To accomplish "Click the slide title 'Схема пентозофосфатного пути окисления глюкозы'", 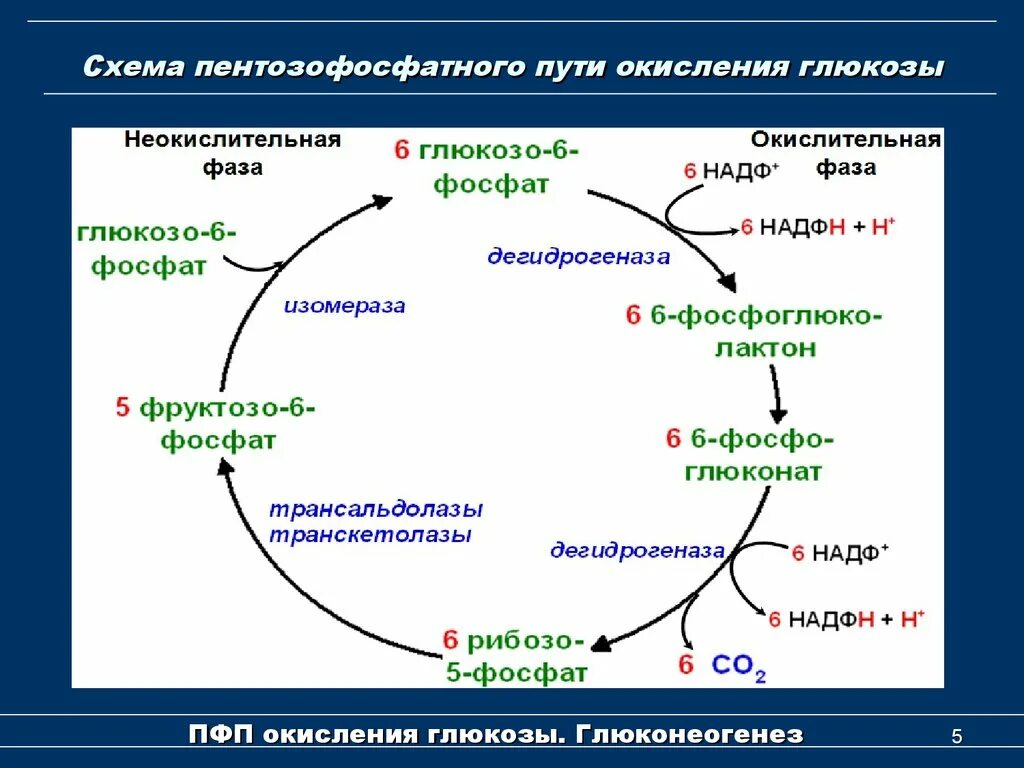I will pyautogui.click(x=513, y=69).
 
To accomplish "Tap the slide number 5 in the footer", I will pyautogui.click(x=956, y=738).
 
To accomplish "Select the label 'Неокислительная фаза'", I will pyautogui.click(x=233, y=153).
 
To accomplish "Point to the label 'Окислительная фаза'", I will pyautogui.click(x=845, y=153).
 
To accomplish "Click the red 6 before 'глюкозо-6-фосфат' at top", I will pyautogui.click(x=402, y=151).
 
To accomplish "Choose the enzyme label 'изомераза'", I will pyautogui.click(x=344, y=306).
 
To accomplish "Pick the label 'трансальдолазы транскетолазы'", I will pyautogui.click(x=375, y=521).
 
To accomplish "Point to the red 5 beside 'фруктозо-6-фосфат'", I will pyautogui.click(x=123, y=408).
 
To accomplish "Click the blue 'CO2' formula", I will pyautogui.click(x=739, y=666).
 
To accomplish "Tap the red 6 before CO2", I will pyautogui.click(x=685, y=664).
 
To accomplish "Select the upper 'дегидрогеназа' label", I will pyautogui.click(x=578, y=257).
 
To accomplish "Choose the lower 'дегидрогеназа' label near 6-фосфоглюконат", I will pyautogui.click(x=637, y=551).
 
